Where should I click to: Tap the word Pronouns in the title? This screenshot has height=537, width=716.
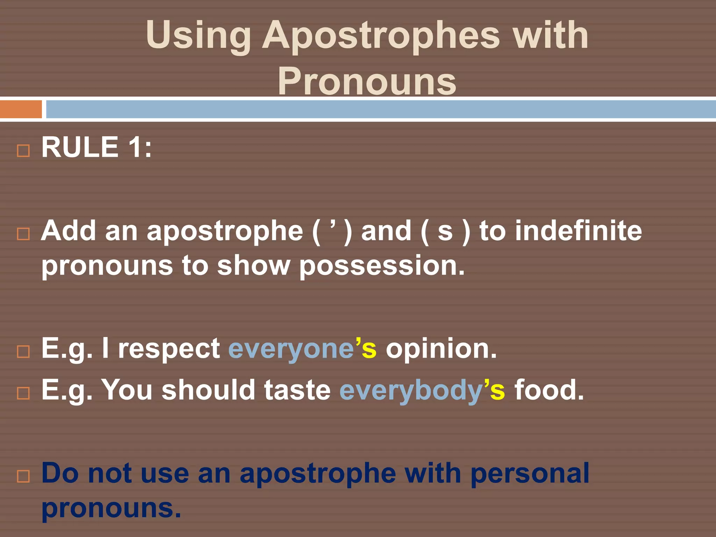click(367, 81)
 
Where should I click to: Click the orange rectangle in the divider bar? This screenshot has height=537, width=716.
click(21, 109)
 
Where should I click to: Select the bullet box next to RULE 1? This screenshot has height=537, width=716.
click(23, 151)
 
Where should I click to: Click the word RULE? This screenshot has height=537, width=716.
click(80, 147)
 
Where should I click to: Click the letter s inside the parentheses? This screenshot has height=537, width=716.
click(445, 231)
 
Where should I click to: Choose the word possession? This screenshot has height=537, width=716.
click(382, 266)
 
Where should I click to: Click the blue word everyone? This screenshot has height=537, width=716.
click(291, 349)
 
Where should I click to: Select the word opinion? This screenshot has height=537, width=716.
click(441, 349)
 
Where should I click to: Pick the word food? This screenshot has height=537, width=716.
click(549, 390)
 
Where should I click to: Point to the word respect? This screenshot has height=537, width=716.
click(169, 349)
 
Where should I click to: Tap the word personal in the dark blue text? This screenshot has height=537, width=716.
click(530, 473)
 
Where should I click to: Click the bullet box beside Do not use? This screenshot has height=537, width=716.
click(23, 477)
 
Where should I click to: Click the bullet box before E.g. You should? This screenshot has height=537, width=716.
click(23, 393)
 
